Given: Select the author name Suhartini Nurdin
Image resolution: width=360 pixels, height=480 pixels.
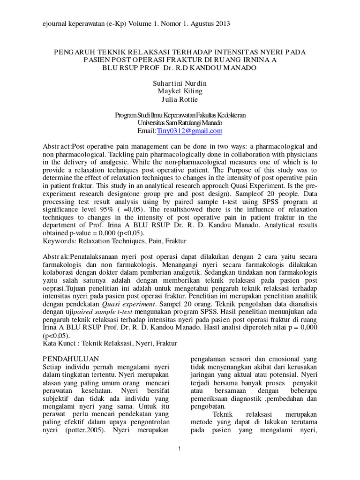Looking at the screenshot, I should [180, 83].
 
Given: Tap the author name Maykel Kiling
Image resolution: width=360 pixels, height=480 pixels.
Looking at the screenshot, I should [180, 91].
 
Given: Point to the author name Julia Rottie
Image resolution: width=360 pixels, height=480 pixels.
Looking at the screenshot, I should [180, 99].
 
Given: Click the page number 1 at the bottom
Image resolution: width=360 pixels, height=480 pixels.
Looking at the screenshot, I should [180, 449].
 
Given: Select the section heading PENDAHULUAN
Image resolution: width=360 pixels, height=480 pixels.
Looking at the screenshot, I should [66, 359].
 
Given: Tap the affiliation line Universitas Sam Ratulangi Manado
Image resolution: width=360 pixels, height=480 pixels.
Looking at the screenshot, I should [180, 123].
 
